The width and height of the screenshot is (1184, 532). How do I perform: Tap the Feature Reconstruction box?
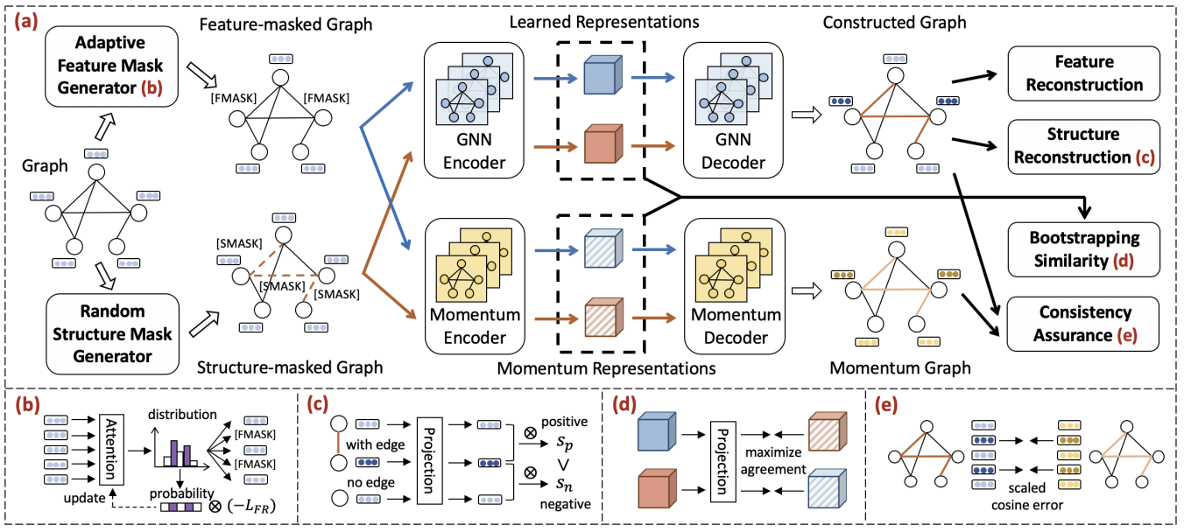tap(1084, 73)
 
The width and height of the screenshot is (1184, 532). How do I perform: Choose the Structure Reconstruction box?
tap(1084, 145)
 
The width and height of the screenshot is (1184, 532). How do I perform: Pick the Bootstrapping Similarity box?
tap(1084, 248)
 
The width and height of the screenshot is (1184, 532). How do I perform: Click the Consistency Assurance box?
tap(1084, 323)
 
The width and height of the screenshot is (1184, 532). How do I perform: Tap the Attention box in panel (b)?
tap(109, 447)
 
